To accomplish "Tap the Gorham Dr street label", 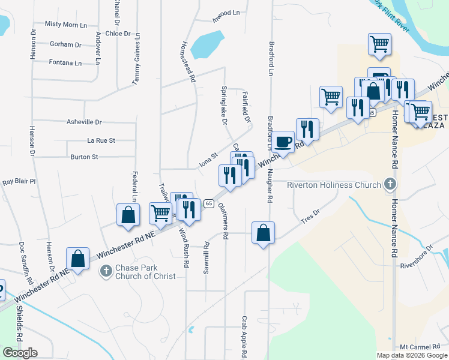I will coord(65,44).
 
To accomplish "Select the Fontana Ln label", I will coord(65,62).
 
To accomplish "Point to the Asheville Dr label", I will coord(84,122).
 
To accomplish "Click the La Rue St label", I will coord(101,140).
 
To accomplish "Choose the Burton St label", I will coord(84,157).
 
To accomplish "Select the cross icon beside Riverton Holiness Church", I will coord(390,184).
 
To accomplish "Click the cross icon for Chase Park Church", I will coord(106,271).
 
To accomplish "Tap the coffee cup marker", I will coord(283,142).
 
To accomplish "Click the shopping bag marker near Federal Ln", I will coord(128,216).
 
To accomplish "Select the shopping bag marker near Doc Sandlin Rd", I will coord(78,259).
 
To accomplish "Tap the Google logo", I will coord(20,353).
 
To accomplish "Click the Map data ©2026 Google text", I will coord(411,355).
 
